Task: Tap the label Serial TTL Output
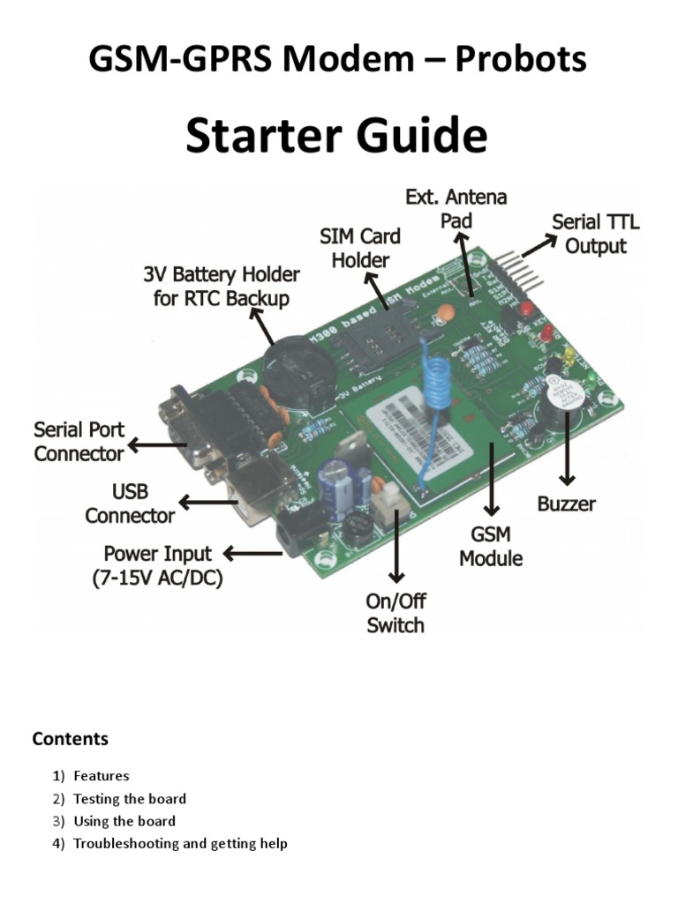595,234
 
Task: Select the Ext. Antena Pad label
456,207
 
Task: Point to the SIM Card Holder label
359,248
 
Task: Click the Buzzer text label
566,504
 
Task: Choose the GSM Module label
491,546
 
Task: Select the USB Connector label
130,503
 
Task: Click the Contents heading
70,738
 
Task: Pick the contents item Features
101,776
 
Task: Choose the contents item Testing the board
129,799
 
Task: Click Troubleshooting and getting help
180,844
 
